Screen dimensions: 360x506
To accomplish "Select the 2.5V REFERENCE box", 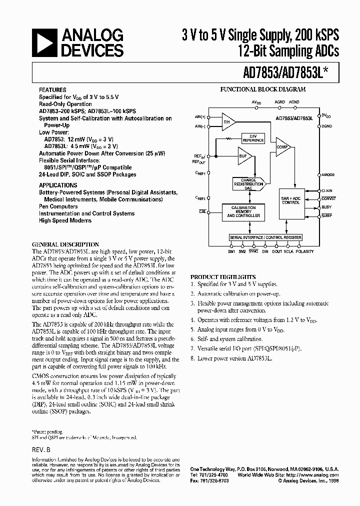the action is click(x=253, y=137).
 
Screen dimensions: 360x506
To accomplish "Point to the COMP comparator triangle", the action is click(x=282, y=147).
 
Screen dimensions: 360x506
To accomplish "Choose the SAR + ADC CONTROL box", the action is click(x=291, y=201).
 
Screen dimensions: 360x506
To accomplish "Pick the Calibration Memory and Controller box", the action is click(x=243, y=212).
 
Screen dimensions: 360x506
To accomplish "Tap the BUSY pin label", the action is click(x=326, y=206).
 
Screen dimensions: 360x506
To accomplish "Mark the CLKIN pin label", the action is click(x=327, y=190).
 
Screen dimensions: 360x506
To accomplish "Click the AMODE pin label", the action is click(x=327, y=175).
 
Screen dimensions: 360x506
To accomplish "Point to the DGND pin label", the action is click(x=326, y=126).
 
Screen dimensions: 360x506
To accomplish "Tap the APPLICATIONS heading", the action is click(x=58, y=185).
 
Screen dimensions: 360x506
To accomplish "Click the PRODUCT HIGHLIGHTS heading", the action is click(x=222, y=276).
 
